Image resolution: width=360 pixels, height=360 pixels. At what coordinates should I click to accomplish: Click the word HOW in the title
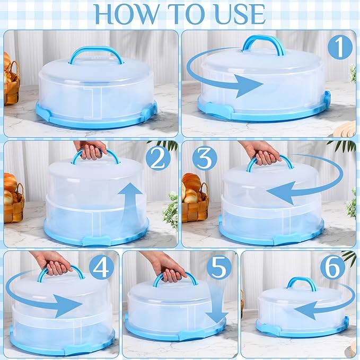click(126, 14)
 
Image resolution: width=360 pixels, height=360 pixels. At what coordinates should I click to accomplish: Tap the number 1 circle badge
click(340, 47)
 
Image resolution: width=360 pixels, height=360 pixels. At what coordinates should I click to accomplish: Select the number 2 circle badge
click(158, 159)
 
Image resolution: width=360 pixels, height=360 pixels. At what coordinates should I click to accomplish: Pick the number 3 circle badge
click(205, 159)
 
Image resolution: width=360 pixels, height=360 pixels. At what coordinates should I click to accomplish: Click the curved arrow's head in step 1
click(249, 85)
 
